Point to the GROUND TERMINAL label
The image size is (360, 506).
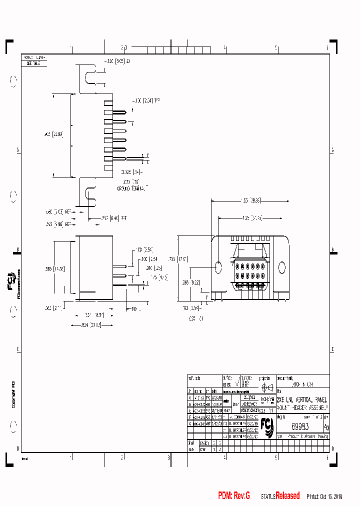(x=133, y=188)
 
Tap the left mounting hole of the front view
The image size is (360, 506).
(x=218, y=267)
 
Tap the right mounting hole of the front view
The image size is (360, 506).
(x=281, y=267)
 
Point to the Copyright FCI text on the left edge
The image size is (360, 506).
(x=13, y=395)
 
